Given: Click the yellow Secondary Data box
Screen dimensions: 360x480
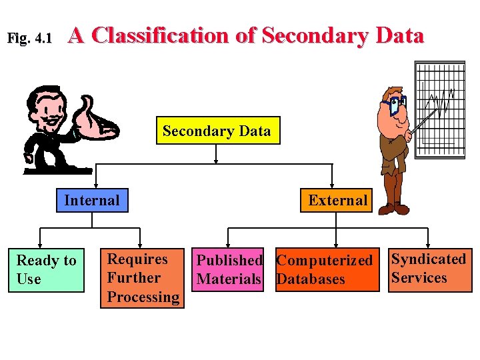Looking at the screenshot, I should [x=217, y=131].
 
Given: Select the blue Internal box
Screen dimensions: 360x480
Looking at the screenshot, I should [x=92, y=200].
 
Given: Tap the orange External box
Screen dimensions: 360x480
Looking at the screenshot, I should [x=337, y=200].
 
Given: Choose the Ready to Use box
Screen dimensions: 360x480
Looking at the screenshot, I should [x=47, y=270].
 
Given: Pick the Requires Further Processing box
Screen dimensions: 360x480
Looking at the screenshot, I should [x=142, y=278].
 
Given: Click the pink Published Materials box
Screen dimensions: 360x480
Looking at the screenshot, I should [x=229, y=270].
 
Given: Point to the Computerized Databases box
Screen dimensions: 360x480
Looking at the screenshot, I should [x=324, y=270].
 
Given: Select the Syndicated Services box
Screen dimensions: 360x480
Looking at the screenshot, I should [x=429, y=269].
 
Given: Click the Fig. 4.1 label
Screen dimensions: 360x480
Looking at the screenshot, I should [x=29, y=39].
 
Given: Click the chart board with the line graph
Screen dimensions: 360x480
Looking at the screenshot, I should [x=440, y=110].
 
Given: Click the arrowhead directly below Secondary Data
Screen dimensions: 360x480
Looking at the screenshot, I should [x=216, y=160].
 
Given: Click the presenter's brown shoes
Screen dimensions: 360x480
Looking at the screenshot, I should [x=391, y=209].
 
